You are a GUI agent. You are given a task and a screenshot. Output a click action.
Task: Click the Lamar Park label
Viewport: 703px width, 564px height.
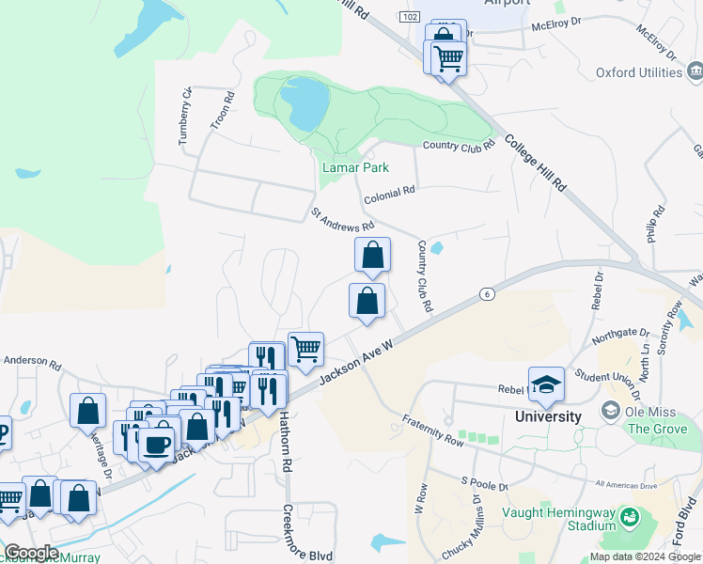pyautogui.click(x=355, y=167)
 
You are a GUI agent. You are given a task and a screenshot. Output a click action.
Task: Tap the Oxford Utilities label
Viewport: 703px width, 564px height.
pyautogui.click(x=639, y=72)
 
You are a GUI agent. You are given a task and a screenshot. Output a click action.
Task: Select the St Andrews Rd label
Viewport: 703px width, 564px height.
pyautogui.click(x=342, y=220)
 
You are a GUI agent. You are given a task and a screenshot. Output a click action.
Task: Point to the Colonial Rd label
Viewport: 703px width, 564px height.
pyautogui.click(x=390, y=190)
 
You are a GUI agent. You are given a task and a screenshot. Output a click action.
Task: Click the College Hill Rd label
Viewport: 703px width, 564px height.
pyautogui.click(x=535, y=163)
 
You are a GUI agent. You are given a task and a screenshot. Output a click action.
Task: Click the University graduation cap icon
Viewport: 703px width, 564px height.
pyautogui.click(x=546, y=384)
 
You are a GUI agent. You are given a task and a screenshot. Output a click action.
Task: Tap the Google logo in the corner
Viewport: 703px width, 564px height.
pyautogui.click(x=30, y=553)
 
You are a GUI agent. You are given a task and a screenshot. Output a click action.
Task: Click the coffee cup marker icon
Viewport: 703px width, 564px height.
pyautogui.click(x=157, y=443)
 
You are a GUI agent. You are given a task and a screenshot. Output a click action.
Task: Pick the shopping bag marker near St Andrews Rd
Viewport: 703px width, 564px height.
pyautogui.click(x=372, y=255)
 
